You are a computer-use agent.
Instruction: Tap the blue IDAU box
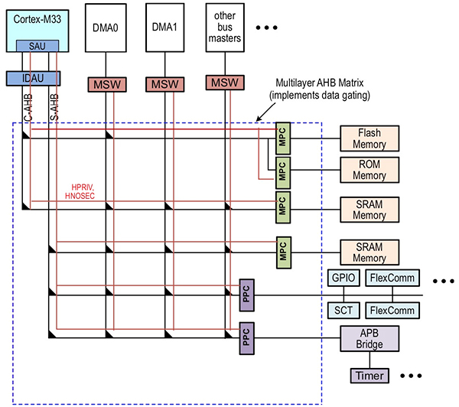[33, 78]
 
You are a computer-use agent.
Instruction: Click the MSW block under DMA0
[106, 83]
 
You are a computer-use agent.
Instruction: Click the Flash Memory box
[369, 138]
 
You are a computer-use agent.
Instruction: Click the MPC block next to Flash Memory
[282, 138]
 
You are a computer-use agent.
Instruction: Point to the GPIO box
[342, 278]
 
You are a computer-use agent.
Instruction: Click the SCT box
[342, 310]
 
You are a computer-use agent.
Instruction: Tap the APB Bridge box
[369, 337]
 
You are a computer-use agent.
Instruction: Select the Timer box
[370, 376]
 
